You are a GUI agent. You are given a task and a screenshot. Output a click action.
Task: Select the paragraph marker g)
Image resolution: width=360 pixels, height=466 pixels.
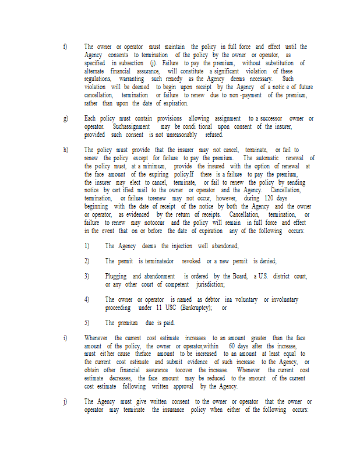65,119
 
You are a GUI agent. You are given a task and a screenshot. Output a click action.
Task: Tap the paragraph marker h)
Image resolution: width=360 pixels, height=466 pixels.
65,150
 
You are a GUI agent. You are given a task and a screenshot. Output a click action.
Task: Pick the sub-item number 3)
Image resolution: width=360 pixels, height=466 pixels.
86,276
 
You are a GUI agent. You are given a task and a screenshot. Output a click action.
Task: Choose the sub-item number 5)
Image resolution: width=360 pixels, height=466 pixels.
86,323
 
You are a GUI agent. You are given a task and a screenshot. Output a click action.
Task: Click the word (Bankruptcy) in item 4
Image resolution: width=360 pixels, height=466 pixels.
197,308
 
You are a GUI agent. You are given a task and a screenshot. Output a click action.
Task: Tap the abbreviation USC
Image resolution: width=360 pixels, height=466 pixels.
171,308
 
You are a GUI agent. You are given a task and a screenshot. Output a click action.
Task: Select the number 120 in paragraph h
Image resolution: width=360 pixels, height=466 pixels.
273,198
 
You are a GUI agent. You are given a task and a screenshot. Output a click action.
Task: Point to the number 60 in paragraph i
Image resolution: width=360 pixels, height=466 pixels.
234,346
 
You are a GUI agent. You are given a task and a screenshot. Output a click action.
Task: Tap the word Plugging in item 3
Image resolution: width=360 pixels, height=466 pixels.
116,276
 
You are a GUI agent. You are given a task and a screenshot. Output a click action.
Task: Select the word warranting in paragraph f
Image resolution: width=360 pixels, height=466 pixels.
132,78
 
